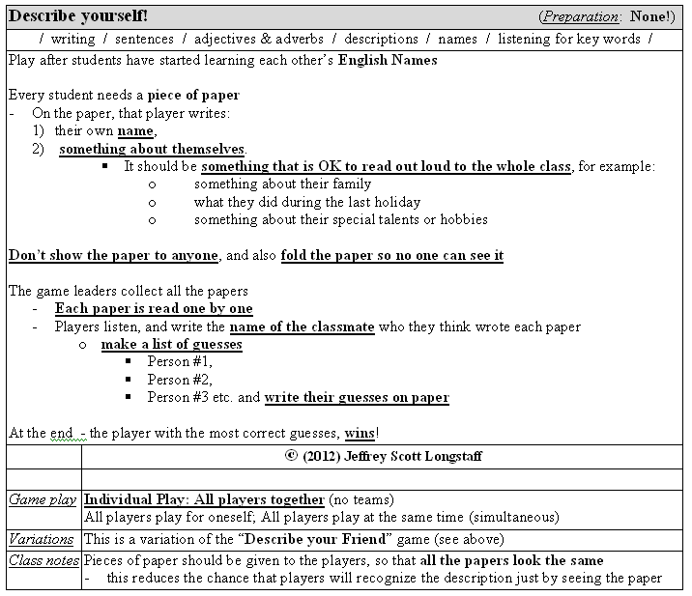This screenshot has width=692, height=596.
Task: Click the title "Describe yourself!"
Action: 78,16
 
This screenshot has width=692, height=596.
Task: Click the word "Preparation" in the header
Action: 580,17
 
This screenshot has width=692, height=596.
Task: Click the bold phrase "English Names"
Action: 388,60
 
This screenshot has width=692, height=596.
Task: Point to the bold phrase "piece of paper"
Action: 193,96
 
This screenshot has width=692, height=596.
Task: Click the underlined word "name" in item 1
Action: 135,131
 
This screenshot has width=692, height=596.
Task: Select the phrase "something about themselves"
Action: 152,149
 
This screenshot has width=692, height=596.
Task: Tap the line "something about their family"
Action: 282,184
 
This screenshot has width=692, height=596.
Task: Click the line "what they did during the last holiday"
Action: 307,202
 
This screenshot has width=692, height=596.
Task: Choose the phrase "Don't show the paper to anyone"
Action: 114,256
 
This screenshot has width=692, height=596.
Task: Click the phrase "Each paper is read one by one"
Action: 154,309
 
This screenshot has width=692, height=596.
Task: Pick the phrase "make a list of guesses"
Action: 171,345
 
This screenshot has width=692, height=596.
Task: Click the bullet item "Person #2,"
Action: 180,380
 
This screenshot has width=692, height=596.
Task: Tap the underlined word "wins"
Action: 360,433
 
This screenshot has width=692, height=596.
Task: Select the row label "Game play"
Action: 43,499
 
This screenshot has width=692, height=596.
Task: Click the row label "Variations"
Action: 42,539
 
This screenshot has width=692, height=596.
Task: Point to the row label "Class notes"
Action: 43,560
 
